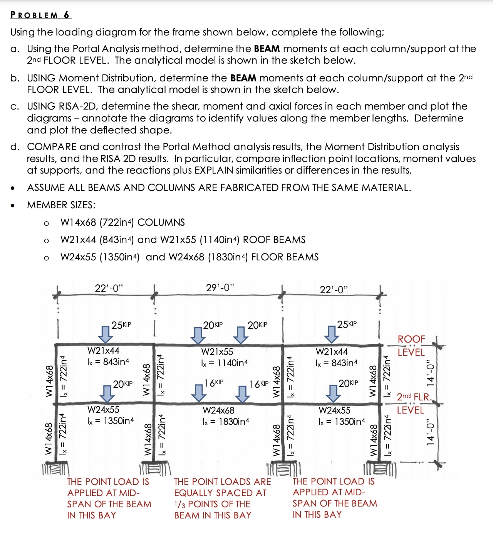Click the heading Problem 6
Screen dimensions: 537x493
40,15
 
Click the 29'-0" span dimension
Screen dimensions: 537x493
220,288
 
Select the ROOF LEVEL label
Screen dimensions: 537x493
411,346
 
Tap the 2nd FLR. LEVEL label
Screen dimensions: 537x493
414,403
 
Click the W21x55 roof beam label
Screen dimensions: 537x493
217,352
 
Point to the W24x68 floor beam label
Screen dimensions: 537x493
218,410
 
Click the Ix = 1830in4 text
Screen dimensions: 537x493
226,421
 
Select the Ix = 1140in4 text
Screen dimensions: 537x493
224,363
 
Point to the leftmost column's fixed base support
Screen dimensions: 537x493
56,470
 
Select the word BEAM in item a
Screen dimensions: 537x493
267,49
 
